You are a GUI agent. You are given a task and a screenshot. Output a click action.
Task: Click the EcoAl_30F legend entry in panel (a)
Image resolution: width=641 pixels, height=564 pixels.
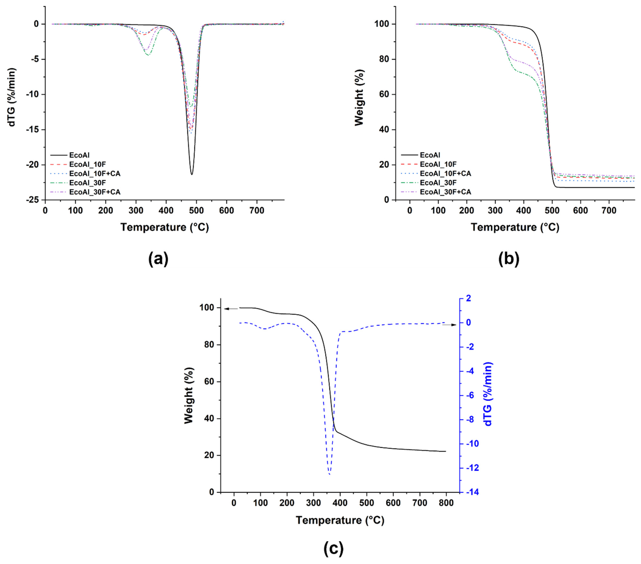coord(85,183)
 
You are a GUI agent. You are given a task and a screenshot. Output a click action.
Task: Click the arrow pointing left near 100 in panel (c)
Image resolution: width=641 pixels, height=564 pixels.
coord(231,309)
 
